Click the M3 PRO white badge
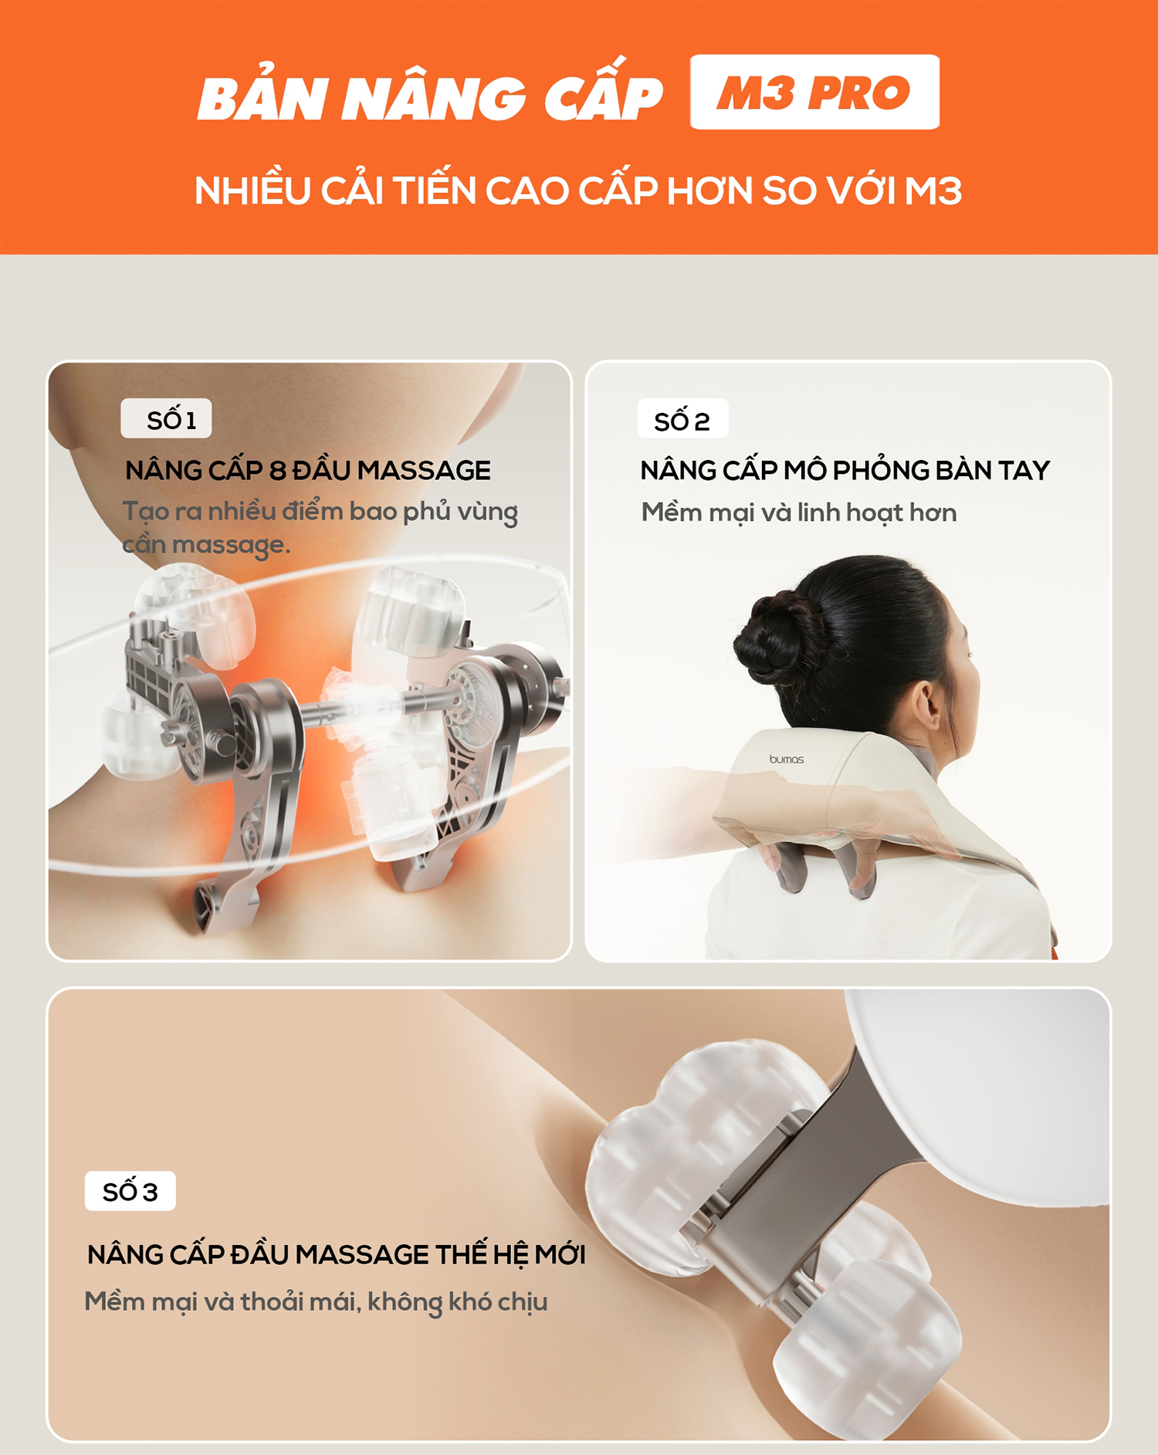pyautogui.click(x=814, y=92)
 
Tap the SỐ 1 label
pyautogui.click(x=166, y=418)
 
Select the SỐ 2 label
pyautogui.click(x=682, y=419)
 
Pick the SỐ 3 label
pyautogui.click(x=130, y=1191)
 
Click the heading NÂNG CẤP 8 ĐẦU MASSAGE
pyautogui.click(x=308, y=469)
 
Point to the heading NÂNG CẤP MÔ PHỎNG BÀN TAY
pyautogui.click(x=845, y=469)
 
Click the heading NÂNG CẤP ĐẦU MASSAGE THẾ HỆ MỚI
pyautogui.click(x=337, y=1254)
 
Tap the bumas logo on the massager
pyautogui.click(x=787, y=760)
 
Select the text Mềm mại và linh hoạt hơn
pyautogui.click(x=799, y=513)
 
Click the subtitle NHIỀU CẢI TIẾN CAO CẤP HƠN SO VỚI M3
pyautogui.click(x=578, y=191)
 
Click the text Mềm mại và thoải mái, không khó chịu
pyautogui.click(x=317, y=1301)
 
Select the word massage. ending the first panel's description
pyautogui.click(x=231, y=545)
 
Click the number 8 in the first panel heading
pyautogui.click(x=278, y=470)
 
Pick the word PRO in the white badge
pyautogui.click(x=858, y=93)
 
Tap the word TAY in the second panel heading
pyautogui.click(x=1024, y=470)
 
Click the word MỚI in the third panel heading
pyautogui.click(x=560, y=1254)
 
